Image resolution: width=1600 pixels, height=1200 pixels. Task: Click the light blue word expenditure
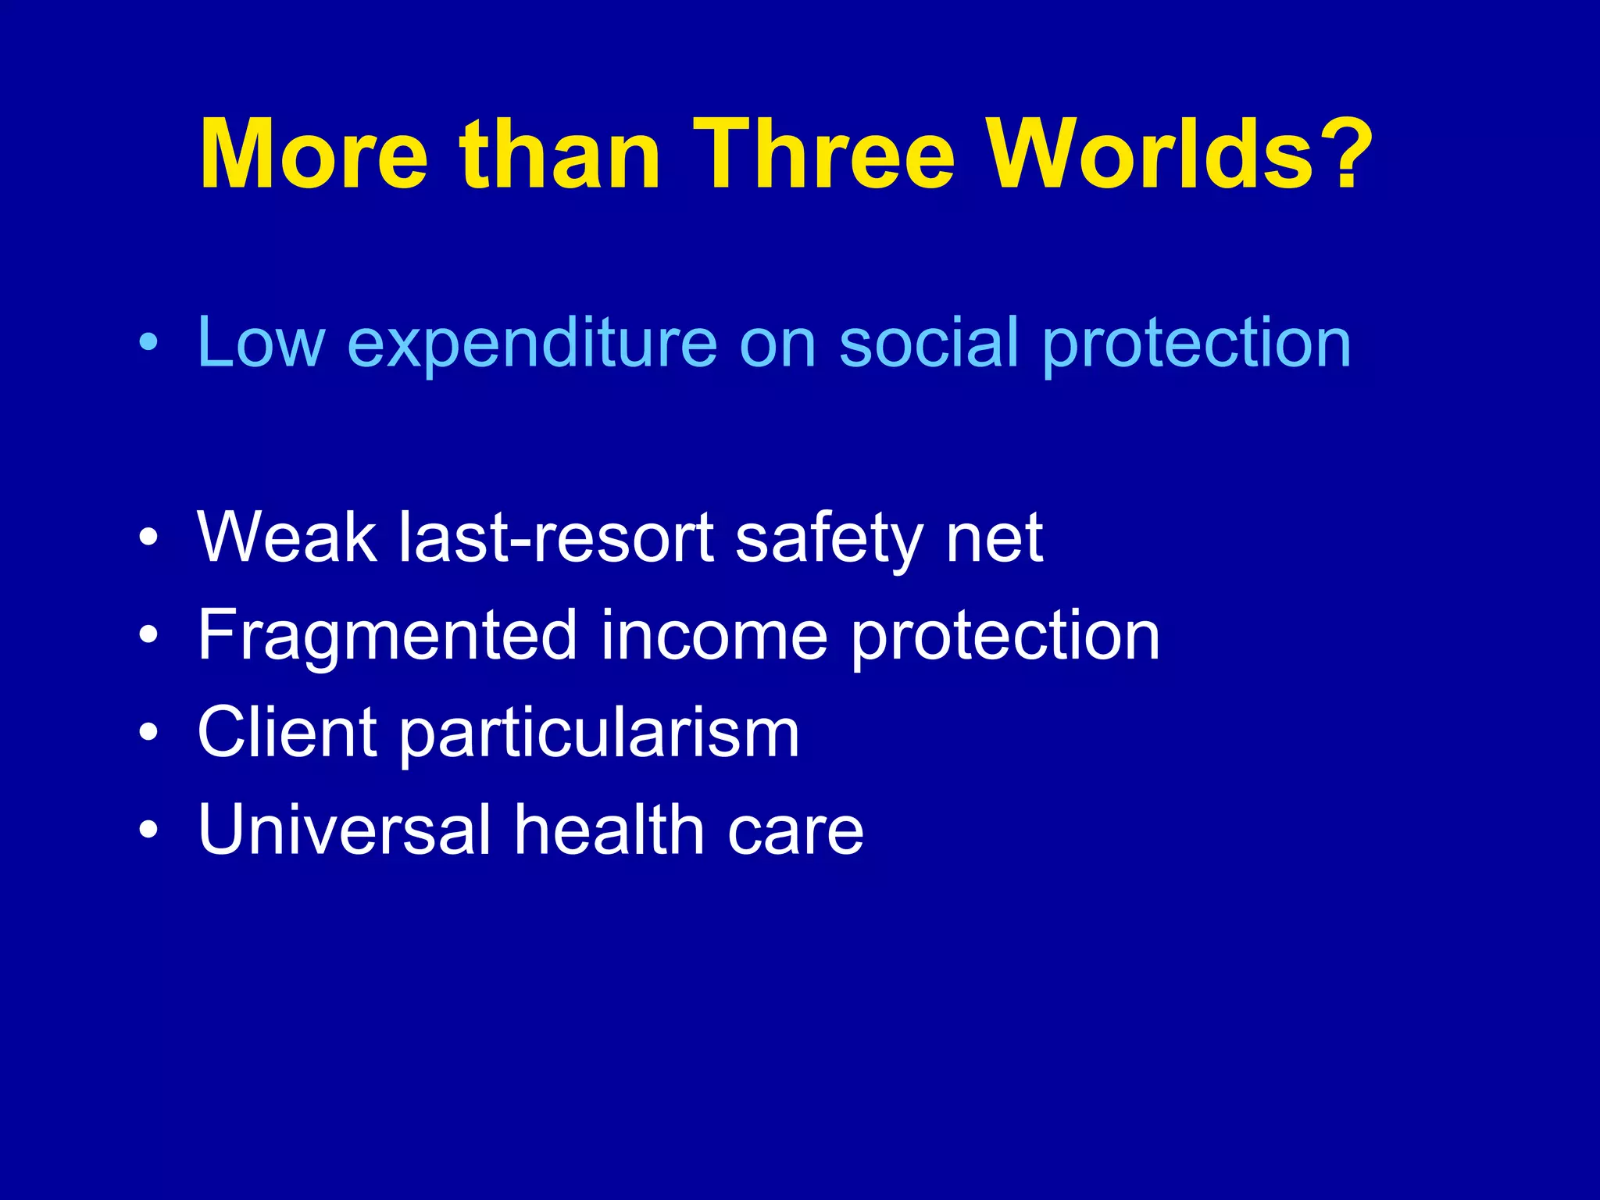531,344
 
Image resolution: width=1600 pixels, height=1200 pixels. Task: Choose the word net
994,539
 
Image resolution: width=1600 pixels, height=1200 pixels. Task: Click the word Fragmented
387,636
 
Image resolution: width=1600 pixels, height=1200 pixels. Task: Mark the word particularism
600,734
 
